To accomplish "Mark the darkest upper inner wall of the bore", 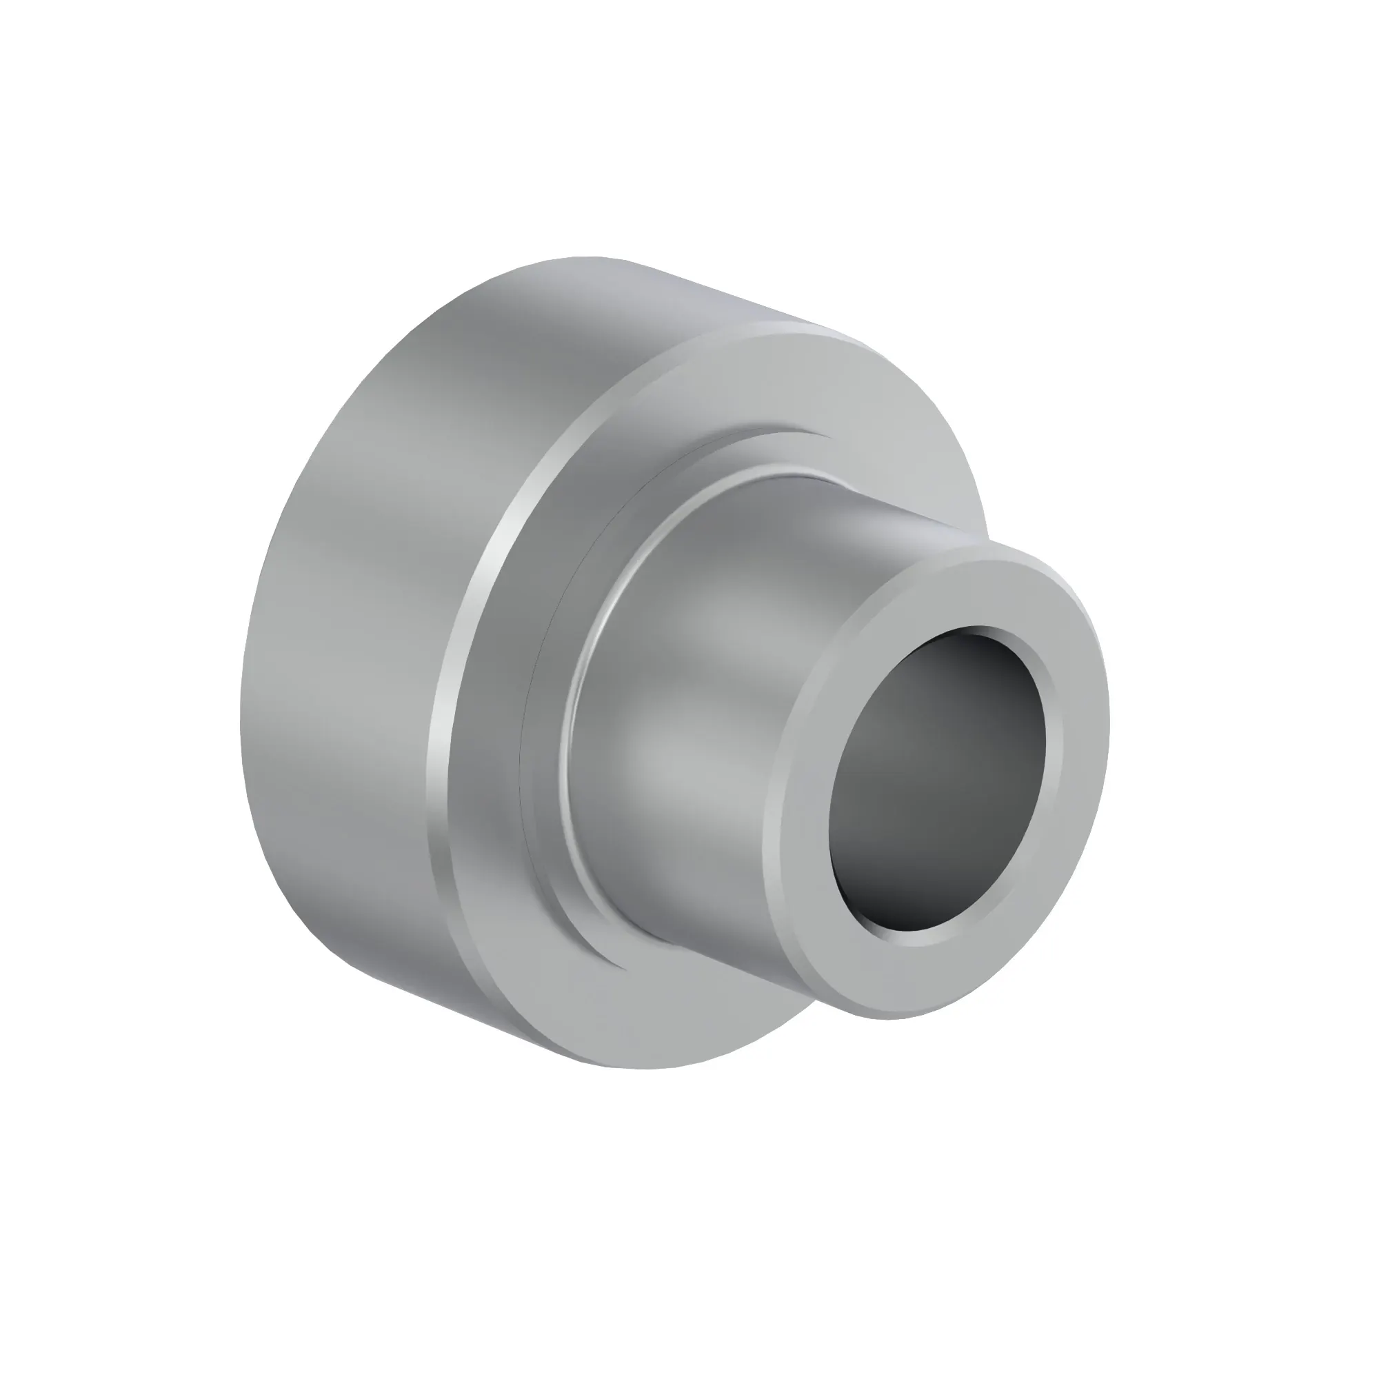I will coord(949,643).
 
